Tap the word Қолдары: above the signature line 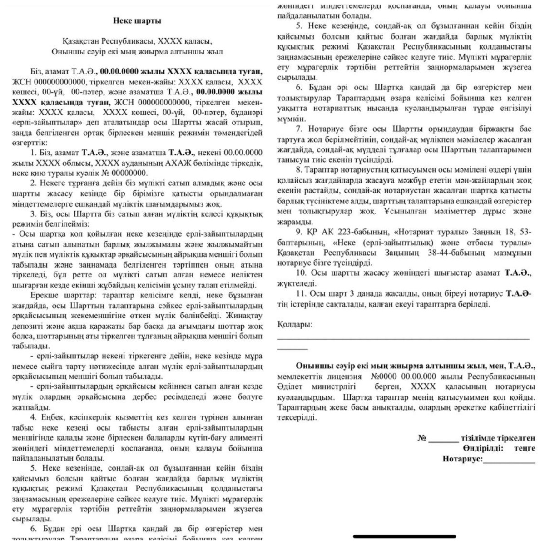tap(295, 325)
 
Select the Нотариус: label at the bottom tap(462, 459)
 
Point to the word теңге tap(525, 448)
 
